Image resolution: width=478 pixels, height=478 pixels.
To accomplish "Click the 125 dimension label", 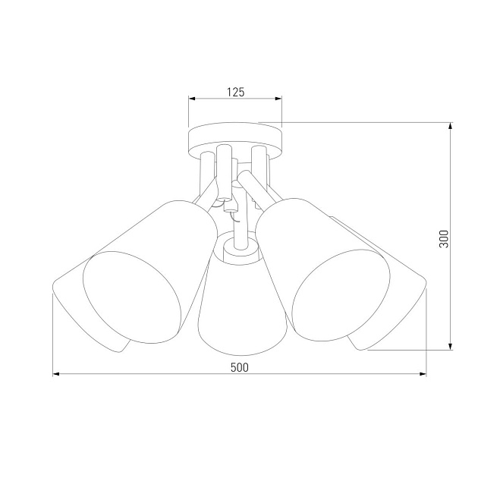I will pyautogui.click(x=235, y=92).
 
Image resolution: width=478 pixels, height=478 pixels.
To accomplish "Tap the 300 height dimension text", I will pyautogui.click(x=445, y=238).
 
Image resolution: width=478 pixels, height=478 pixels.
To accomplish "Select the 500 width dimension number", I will pyautogui.click(x=239, y=366).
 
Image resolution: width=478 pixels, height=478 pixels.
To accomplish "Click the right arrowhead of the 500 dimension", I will pyautogui.click(x=422, y=374).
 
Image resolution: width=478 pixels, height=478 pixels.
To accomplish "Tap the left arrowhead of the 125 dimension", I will pyautogui.click(x=192, y=99).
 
